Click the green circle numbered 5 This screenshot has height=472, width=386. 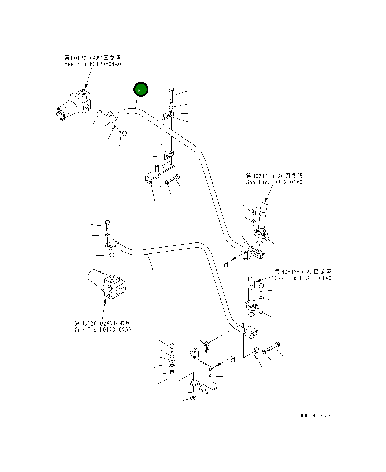point(141,89)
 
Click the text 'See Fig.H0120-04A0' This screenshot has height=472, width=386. point(92,64)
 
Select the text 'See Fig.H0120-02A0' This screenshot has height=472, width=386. point(103,330)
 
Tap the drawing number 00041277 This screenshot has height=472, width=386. point(316,416)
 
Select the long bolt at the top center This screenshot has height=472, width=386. point(172,95)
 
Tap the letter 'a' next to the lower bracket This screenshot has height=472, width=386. point(233,359)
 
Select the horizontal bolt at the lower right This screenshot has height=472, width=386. point(273,346)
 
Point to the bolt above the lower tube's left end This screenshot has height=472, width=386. point(107,225)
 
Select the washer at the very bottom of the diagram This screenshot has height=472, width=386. point(193,399)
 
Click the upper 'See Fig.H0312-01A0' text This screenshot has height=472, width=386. point(274,182)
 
